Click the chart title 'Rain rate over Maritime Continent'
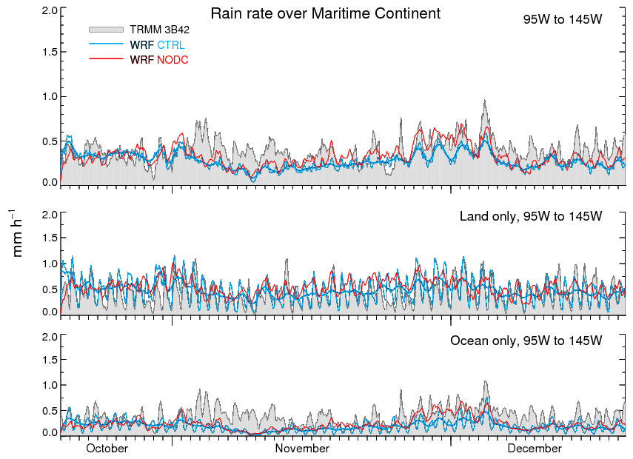click(x=325, y=13)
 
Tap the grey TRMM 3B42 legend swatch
click(x=104, y=30)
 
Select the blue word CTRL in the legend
click(x=171, y=45)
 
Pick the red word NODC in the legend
click(x=173, y=59)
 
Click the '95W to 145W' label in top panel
click(x=563, y=20)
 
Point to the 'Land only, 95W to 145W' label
click(x=531, y=216)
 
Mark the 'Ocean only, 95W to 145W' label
click(x=526, y=341)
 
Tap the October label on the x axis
click(x=107, y=449)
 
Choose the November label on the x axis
click(x=302, y=449)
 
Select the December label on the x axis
click(x=535, y=449)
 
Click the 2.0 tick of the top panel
click(x=50, y=10)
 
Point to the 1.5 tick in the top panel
click(x=50, y=52)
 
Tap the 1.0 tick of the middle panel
click(x=50, y=264)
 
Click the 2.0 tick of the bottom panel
click(x=50, y=337)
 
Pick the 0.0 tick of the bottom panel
click(x=50, y=432)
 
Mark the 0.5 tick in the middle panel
click(x=50, y=289)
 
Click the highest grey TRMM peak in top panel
click(x=486, y=101)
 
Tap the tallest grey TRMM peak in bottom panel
click(x=486, y=382)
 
